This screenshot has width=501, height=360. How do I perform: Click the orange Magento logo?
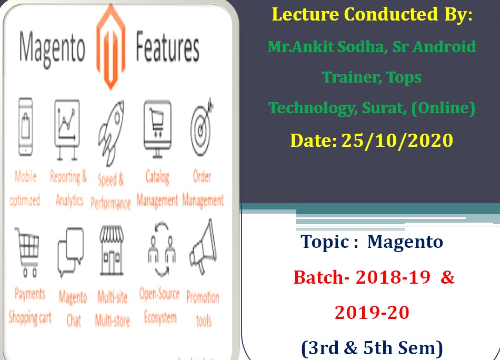pos(111,47)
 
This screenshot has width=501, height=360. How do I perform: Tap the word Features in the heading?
pos(168,47)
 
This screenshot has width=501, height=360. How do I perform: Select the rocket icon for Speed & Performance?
pos(111,133)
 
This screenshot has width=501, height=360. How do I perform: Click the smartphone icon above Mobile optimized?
pos(26,127)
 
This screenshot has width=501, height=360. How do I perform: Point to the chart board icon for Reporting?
pos(67,129)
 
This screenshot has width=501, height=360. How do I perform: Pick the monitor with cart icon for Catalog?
pos(157,128)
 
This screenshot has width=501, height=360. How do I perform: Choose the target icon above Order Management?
pos(201,127)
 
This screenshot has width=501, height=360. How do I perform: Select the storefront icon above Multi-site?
pos(112,251)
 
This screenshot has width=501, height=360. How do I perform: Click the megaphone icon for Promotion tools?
pos(204,247)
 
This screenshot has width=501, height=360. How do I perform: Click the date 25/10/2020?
pos(397,140)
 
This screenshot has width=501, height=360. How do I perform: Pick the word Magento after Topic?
pos(405,242)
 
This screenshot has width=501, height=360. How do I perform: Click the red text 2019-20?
pos(372,313)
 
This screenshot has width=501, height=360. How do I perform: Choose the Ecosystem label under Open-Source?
pos(161,317)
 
